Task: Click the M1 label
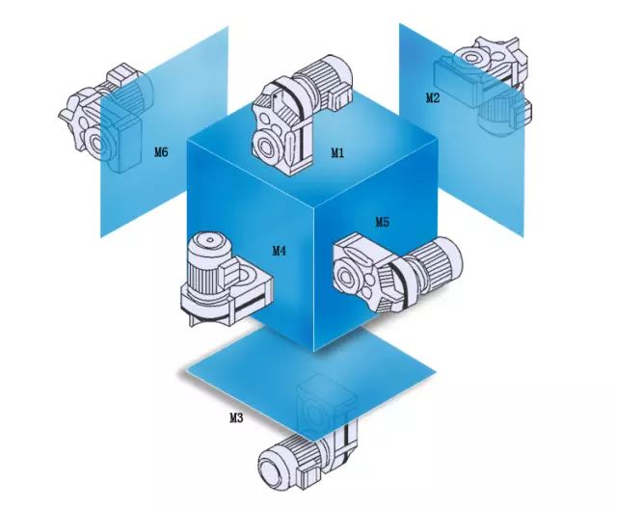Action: coord(337,152)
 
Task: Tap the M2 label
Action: coord(433,97)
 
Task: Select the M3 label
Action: coord(236,417)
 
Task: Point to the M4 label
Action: coord(279,251)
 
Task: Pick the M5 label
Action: coord(382,223)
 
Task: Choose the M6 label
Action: coord(161,152)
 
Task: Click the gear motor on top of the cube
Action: coord(302,114)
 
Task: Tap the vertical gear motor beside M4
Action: coord(227,279)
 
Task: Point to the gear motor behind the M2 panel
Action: coord(482,86)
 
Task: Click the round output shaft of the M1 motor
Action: coord(265,148)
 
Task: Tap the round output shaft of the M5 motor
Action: coord(346,277)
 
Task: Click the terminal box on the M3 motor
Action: coord(309,477)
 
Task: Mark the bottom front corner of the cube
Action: coord(314,352)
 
